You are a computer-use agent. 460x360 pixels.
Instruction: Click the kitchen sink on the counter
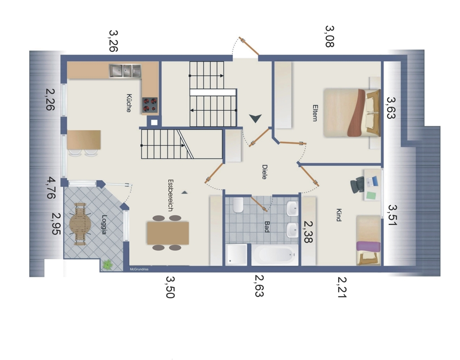tap(125, 71)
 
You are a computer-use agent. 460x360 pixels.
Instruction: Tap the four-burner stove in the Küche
tap(150, 105)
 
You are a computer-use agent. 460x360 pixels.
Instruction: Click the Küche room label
tap(129, 103)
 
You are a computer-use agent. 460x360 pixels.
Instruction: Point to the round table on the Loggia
tap(80, 224)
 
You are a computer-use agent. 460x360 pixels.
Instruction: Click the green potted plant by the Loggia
tap(107, 265)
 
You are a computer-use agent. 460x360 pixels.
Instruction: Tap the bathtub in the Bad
tap(275, 255)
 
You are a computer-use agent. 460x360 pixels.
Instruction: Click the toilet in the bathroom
tap(238, 205)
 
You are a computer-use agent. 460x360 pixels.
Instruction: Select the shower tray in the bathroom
tap(237, 255)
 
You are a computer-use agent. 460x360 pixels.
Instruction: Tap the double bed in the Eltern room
tap(352, 113)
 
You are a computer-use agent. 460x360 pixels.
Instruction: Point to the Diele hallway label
tap(264, 172)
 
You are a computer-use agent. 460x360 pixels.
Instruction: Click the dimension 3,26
tap(113, 41)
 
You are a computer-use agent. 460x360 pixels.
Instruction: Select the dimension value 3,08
tap(330, 36)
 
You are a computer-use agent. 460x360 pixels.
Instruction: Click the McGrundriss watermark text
tap(139, 269)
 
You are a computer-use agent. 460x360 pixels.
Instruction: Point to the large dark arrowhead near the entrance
tap(255, 118)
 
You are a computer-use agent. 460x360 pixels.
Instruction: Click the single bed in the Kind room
tap(368, 240)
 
